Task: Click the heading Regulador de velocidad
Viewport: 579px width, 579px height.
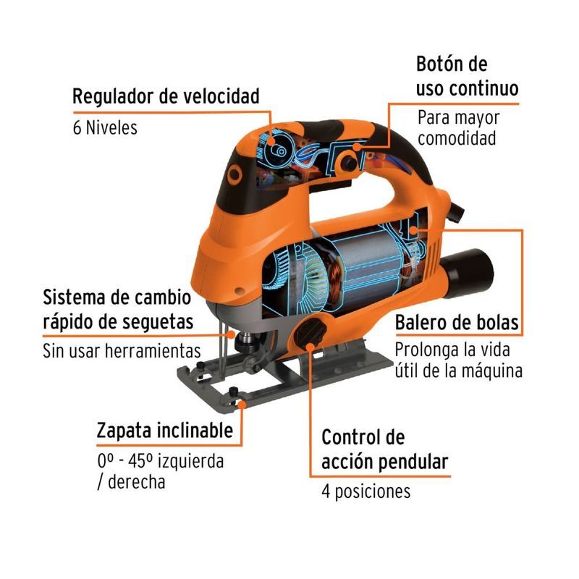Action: pos(166,96)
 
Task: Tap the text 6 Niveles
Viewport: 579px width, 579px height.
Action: pos(105,128)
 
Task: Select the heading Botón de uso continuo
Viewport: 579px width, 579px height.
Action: pos(467,77)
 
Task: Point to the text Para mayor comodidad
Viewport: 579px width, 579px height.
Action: pos(459,128)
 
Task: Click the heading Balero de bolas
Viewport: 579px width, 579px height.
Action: pos(457,322)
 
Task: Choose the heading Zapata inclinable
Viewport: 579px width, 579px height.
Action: pos(165,431)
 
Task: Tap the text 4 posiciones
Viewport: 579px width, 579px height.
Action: pos(366,492)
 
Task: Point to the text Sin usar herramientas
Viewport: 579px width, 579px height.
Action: pos(122,350)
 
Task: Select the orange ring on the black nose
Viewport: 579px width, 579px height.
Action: pos(234,174)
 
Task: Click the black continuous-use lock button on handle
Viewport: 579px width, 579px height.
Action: pos(349,162)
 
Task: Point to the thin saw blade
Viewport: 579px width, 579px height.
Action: pos(222,350)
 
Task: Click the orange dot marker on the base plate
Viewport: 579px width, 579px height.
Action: pos(242,405)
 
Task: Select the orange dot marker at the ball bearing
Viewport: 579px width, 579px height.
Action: pos(414,230)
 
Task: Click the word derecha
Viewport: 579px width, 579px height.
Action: pos(136,482)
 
